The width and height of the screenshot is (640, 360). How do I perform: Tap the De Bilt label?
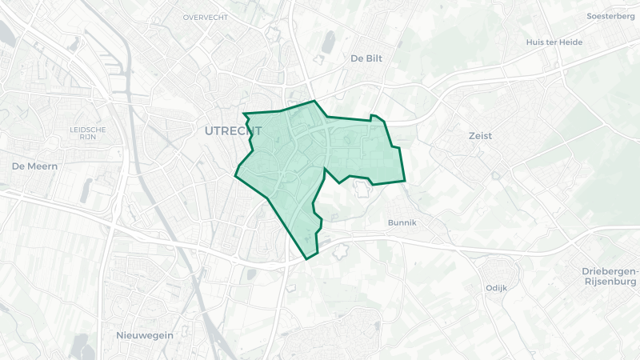367,58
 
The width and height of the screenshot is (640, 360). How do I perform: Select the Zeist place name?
480,136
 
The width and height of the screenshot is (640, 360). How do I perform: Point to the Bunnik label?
402,222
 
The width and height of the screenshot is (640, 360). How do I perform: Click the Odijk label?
496,288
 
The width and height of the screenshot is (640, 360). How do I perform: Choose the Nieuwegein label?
145,335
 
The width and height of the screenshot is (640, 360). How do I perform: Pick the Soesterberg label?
610,16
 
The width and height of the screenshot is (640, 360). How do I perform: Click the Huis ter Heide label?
553,42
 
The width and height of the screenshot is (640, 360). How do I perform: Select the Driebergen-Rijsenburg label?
610,277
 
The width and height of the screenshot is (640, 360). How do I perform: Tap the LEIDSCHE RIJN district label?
88,133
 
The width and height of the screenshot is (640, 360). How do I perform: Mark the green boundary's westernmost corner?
234,174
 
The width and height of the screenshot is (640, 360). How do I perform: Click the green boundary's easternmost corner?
405,182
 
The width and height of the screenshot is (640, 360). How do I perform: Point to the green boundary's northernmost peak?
314,102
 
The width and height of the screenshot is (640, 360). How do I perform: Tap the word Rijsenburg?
610,282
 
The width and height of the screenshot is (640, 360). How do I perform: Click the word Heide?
568,42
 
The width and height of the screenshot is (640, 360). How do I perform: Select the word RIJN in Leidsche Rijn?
88,137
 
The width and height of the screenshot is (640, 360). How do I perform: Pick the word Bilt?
376,58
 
